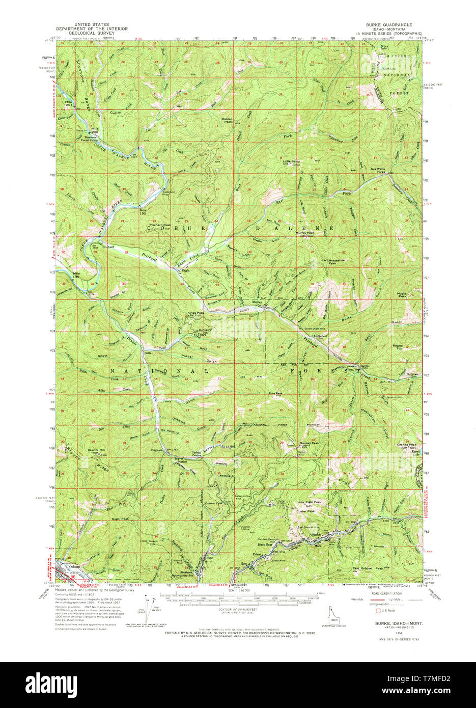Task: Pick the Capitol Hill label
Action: pos(82,450)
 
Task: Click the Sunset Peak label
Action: pos(309,443)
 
